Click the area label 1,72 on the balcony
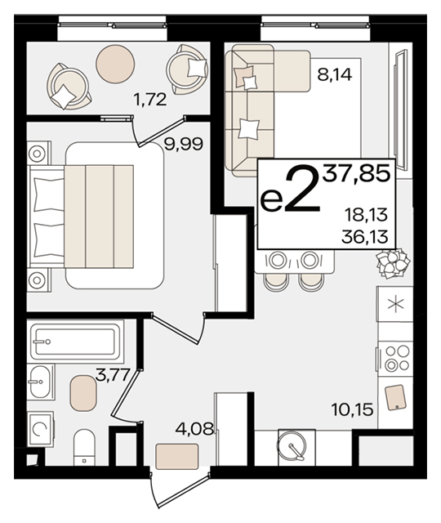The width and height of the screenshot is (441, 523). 149,100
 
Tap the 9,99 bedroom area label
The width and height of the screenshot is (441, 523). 184,145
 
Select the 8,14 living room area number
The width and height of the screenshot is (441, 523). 334,74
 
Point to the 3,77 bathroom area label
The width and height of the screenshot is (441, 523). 113,376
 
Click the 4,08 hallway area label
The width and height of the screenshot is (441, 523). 194,429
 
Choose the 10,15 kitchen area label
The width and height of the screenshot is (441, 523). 352,409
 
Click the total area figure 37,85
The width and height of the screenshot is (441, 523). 358,174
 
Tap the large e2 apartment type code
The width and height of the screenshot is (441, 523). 290,190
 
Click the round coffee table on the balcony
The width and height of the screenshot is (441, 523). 115,64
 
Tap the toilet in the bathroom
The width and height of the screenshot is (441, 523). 84,447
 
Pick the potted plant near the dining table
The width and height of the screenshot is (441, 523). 392,263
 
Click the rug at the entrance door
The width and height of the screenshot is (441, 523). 177,456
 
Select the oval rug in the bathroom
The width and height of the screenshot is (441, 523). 83,393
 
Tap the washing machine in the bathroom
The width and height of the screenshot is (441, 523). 40,429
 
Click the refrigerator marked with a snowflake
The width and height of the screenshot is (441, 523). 395,304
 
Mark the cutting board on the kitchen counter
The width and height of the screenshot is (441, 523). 395,397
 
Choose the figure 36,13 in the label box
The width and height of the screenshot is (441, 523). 365,237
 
